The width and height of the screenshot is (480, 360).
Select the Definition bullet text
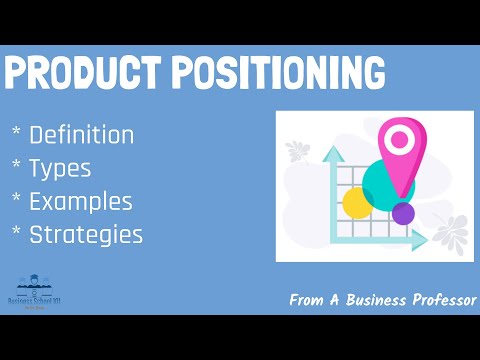82,133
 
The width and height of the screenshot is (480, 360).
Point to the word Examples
81,201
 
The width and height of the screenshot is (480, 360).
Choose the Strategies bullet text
86,235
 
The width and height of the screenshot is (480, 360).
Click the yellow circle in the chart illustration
357,203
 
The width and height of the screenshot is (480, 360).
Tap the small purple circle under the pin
403,213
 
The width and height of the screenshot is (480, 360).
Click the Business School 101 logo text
34,300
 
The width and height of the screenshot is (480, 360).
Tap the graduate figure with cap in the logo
34,283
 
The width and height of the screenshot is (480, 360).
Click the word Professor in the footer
436,299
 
